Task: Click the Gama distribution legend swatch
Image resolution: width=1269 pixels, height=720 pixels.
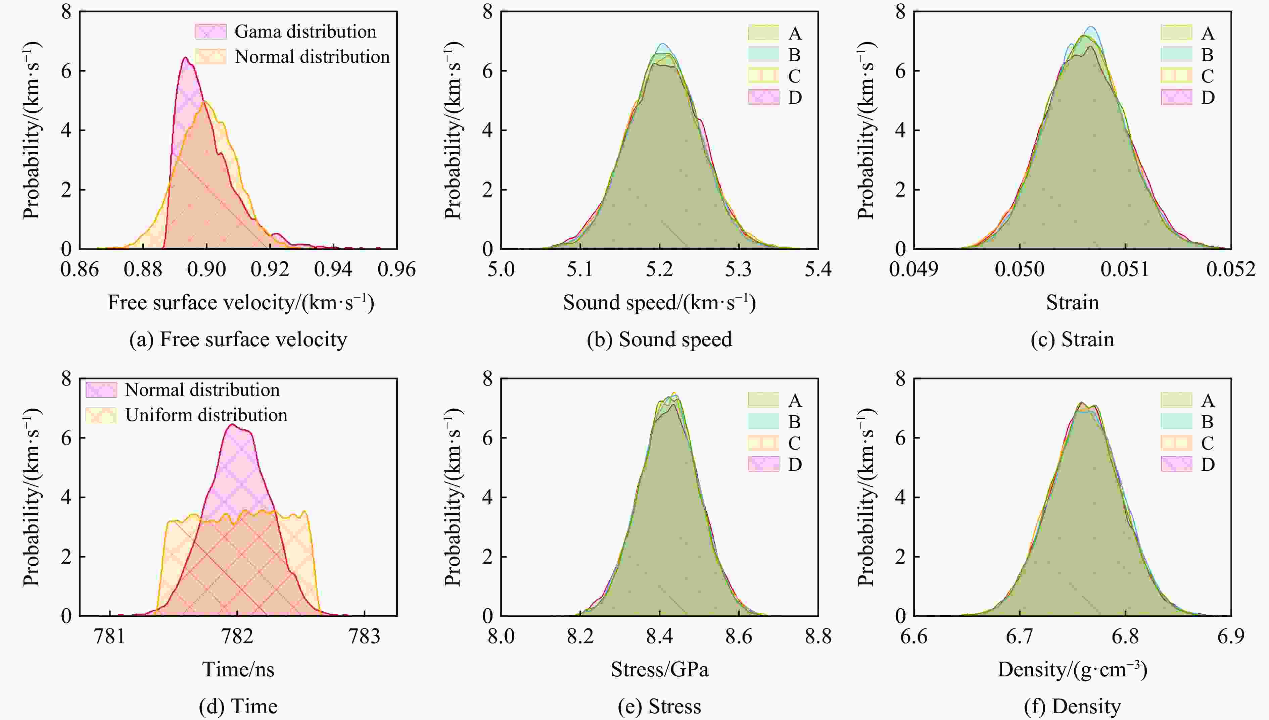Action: click(x=211, y=32)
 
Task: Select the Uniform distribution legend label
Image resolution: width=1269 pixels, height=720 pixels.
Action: click(x=206, y=415)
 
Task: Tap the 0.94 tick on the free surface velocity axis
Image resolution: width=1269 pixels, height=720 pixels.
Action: click(x=333, y=269)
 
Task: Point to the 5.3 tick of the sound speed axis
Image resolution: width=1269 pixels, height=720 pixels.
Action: click(x=738, y=269)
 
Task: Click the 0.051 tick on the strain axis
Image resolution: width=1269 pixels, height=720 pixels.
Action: click(x=1125, y=269)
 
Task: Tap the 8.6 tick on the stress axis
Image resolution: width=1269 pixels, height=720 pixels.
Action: click(x=738, y=636)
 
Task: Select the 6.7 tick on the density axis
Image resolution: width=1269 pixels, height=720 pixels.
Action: click(x=1020, y=636)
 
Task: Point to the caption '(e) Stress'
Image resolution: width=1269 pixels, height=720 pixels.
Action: click(x=659, y=707)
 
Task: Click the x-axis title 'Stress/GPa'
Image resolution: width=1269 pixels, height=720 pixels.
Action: click(x=659, y=670)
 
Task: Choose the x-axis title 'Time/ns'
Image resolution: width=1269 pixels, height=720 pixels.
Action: click(x=238, y=670)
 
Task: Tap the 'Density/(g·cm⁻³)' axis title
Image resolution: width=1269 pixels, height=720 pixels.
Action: click(x=1072, y=670)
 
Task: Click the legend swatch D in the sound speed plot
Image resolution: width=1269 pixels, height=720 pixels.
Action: click(x=763, y=97)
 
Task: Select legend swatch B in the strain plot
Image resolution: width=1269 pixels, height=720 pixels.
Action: click(x=1176, y=54)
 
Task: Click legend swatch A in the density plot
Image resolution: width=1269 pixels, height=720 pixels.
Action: click(x=1176, y=400)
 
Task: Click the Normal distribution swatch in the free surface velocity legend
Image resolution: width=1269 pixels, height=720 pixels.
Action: click(x=211, y=57)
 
